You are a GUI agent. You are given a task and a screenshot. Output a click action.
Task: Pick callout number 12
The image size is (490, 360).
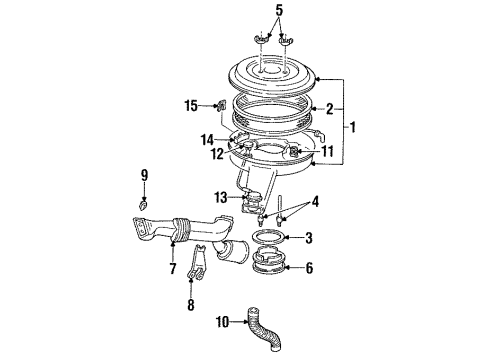click(217, 153)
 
